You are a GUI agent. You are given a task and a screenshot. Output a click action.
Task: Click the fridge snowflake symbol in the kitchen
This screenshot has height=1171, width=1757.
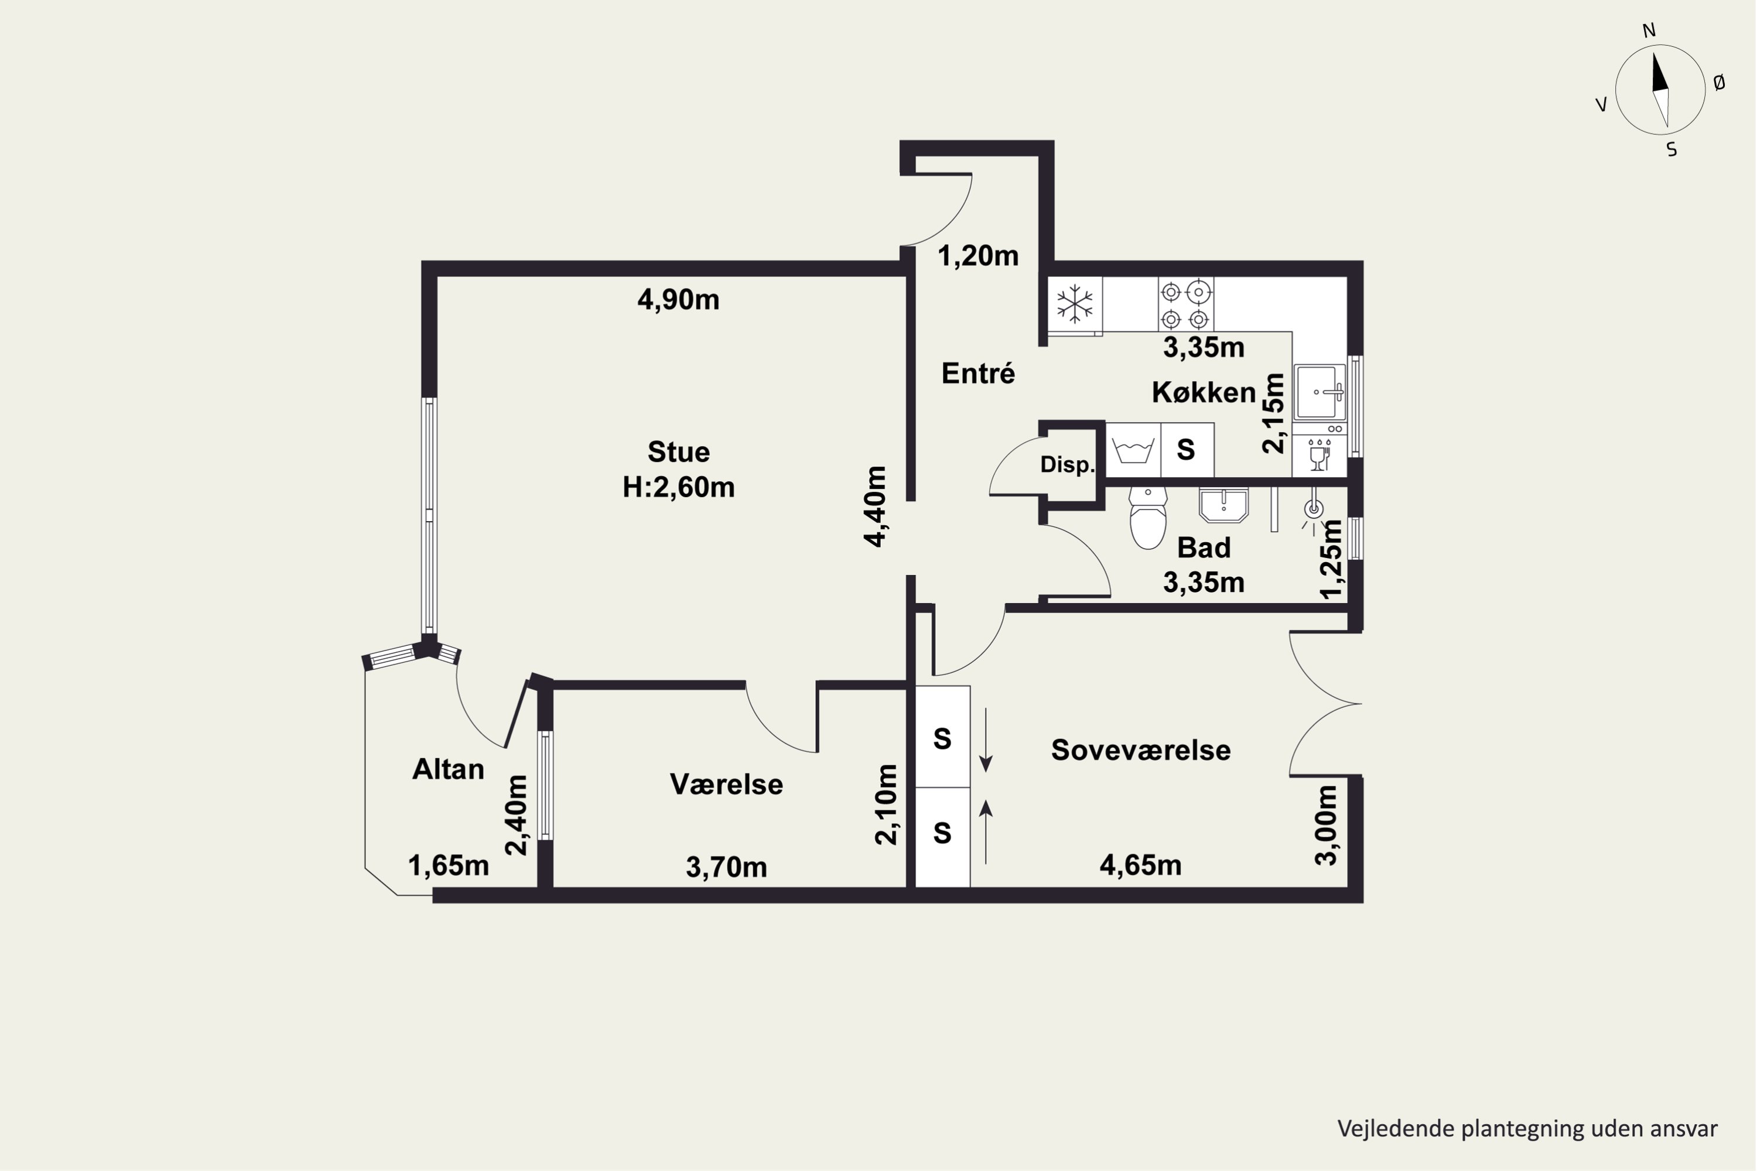[1074, 304]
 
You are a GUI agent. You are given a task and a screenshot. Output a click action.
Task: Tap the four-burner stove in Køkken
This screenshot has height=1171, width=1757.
[1185, 304]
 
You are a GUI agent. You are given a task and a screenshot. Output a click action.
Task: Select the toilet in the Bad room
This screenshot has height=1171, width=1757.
[1147, 517]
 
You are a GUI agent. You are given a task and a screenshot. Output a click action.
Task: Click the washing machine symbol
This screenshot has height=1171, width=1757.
[1133, 450]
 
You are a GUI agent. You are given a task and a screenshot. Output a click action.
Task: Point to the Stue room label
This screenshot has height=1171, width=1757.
[678, 452]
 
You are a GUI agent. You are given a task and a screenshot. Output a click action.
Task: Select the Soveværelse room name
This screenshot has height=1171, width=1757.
[1141, 750]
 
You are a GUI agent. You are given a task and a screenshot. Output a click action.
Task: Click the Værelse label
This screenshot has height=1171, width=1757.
[726, 784]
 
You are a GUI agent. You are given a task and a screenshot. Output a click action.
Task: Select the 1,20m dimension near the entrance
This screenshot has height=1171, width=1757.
[978, 256]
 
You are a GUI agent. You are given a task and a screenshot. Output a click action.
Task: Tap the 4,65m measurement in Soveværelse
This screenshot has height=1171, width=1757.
[1141, 865]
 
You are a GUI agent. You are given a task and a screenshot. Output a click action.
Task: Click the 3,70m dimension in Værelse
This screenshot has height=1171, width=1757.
[726, 867]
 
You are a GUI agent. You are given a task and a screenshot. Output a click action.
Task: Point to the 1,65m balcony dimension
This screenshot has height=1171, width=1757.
[448, 865]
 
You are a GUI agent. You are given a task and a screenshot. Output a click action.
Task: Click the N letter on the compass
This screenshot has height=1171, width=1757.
[1649, 30]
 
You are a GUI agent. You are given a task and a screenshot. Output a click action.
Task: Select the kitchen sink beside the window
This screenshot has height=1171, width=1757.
[1320, 391]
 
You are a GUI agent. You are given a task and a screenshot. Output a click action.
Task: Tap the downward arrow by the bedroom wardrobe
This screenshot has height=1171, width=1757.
[986, 739]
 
